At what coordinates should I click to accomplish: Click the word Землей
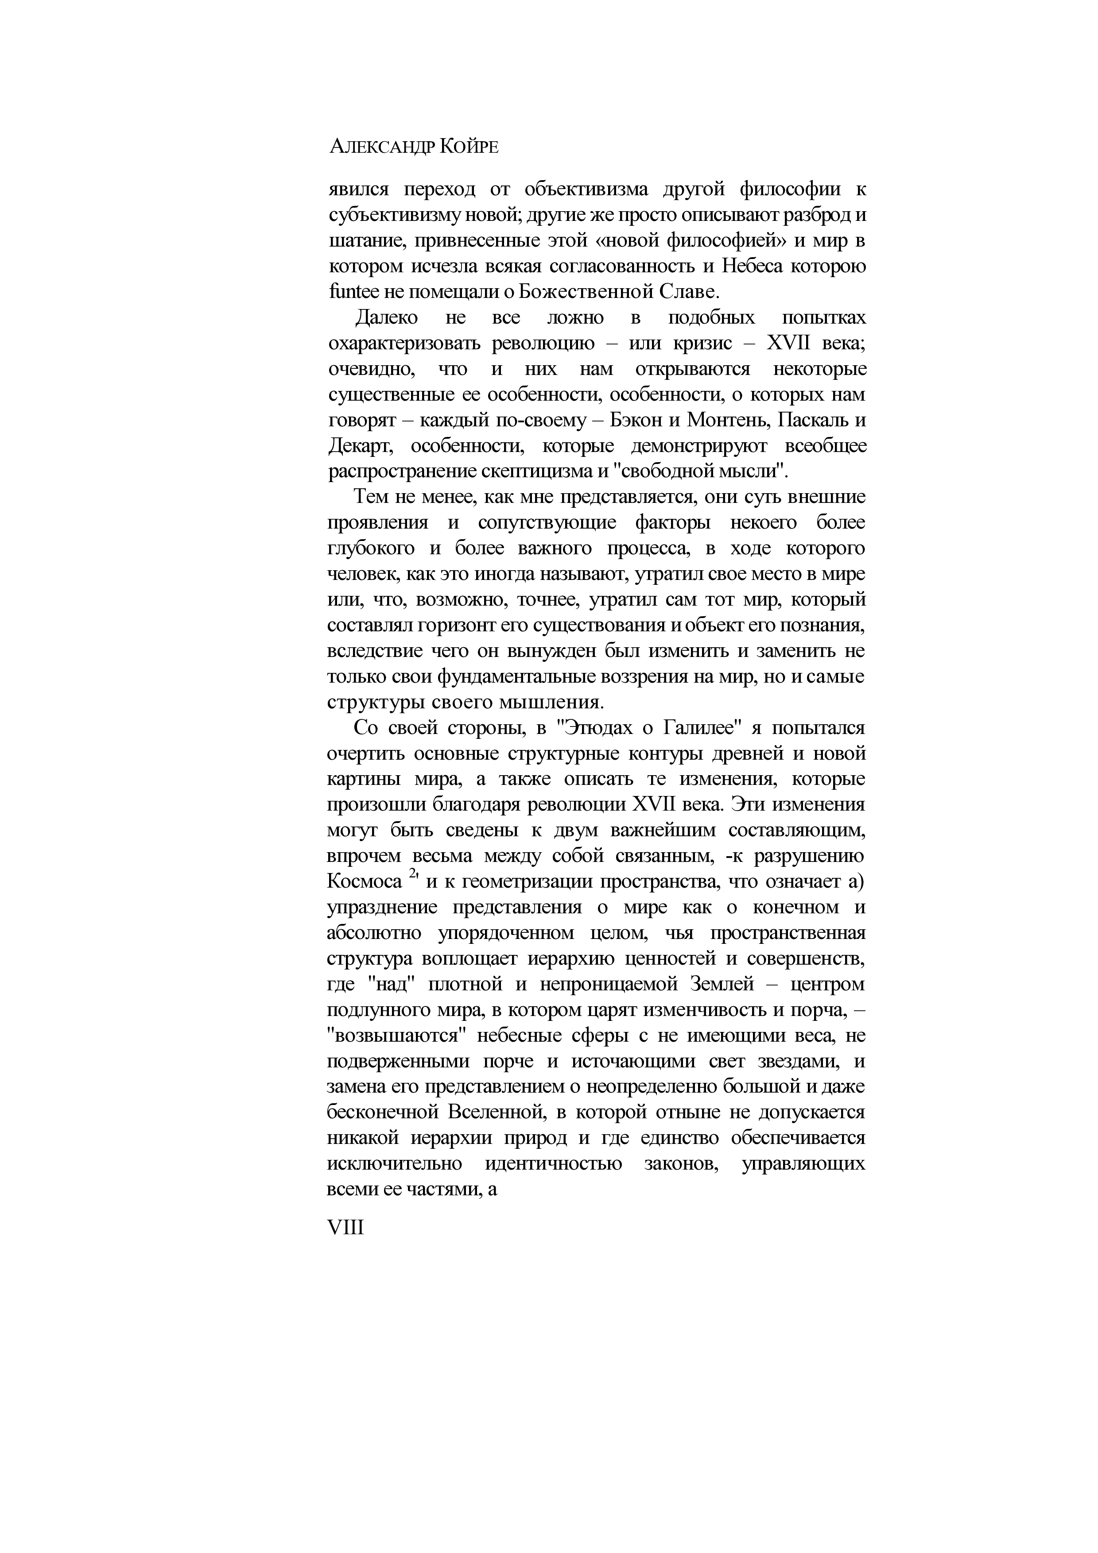[722, 985]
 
